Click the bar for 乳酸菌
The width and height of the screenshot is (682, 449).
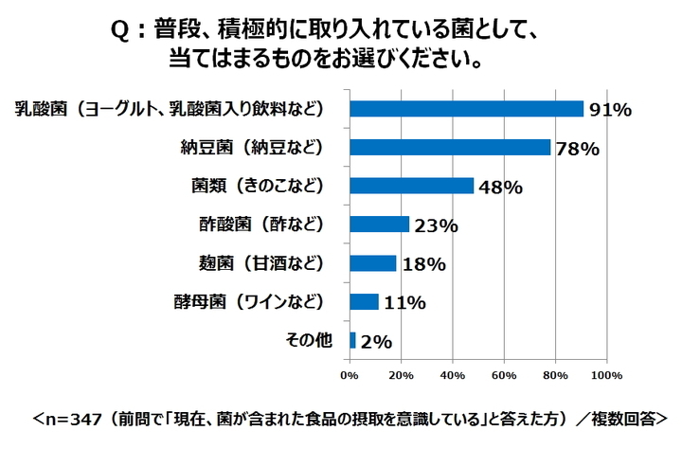coord(466,109)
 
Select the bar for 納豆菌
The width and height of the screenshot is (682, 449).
coord(450,148)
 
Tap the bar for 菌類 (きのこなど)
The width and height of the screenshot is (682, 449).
coord(411,186)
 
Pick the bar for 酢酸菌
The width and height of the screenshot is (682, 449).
coord(379,224)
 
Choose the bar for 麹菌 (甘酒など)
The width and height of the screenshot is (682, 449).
coord(372,263)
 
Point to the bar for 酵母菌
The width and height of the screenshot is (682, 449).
coord(364,302)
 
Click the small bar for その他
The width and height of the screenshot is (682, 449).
coord(352,340)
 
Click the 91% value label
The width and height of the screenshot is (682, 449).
coord(610,110)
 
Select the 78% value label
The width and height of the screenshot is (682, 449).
coord(577,149)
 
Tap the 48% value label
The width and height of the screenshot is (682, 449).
coord(499,188)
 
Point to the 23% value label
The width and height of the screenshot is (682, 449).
coord(436,226)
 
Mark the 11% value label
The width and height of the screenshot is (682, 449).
coord(404,303)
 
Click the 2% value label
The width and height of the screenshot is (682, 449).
coord(376,342)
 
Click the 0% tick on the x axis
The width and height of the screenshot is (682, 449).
coord(350,374)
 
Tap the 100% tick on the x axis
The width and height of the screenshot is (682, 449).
coord(606,374)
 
